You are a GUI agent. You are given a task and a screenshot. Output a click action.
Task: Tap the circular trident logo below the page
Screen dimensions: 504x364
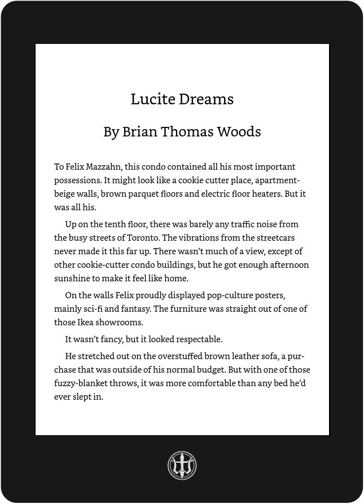coord(182,466)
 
